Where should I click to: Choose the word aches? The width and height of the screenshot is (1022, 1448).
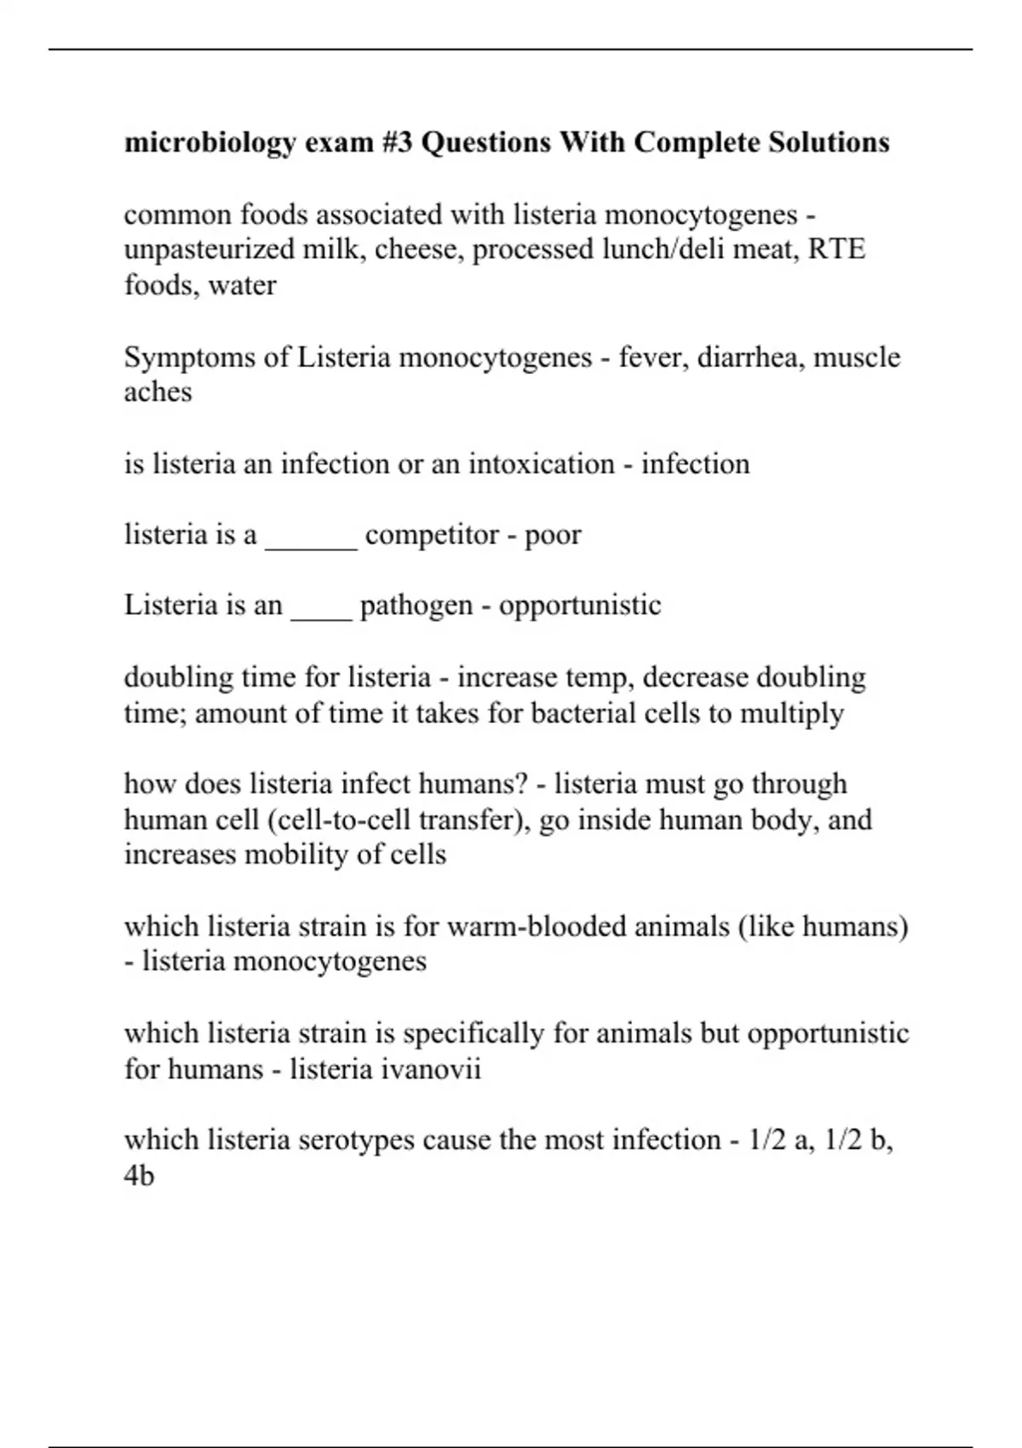point(158,392)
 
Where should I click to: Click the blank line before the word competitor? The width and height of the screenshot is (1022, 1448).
point(311,537)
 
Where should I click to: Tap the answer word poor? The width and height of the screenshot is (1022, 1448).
point(553,535)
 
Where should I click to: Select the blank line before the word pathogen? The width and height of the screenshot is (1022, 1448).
point(321,607)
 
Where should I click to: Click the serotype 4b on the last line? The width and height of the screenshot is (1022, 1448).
point(139,1176)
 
